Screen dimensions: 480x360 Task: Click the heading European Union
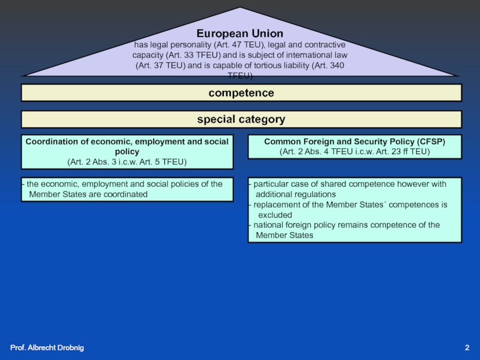click(x=240, y=34)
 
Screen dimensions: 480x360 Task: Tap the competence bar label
click(x=241, y=93)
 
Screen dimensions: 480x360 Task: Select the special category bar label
click(x=241, y=119)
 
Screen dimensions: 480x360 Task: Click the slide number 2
click(x=467, y=349)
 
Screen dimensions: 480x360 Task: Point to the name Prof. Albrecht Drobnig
click(x=47, y=349)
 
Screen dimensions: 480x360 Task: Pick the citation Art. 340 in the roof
click(x=328, y=65)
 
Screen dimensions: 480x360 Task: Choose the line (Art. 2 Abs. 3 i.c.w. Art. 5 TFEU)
click(x=127, y=163)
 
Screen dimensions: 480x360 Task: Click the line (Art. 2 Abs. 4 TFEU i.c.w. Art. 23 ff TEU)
click(x=355, y=152)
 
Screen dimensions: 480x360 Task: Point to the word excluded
click(x=275, y=215)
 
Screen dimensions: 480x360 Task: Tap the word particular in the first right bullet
click(x=272, y=184)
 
